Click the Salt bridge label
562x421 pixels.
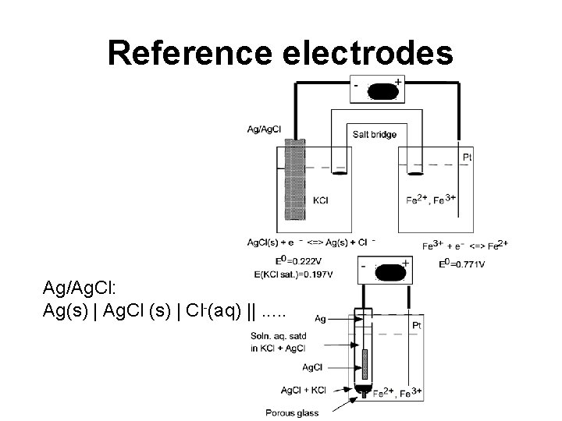point(375,134)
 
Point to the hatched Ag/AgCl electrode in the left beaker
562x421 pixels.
point(294,179)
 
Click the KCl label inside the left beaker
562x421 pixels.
point(320,200)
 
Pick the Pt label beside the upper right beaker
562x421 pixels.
point(467,157)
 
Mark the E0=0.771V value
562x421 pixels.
point(461,264)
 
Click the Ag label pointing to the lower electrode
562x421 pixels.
point(320,318)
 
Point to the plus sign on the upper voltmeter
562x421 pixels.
point(399,81)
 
